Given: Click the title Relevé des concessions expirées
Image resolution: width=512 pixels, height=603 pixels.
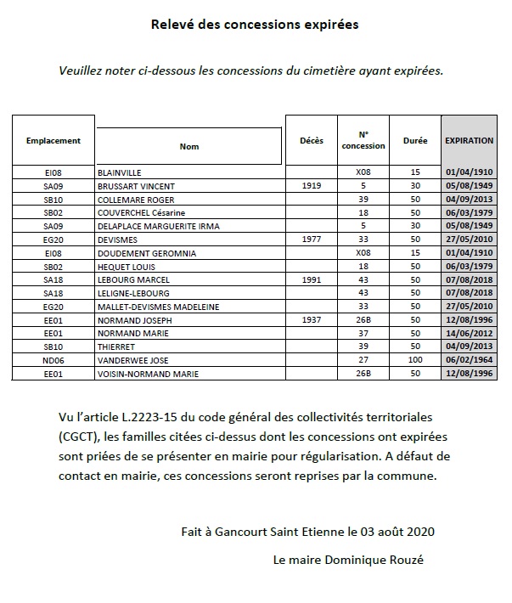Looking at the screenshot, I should [255, 25].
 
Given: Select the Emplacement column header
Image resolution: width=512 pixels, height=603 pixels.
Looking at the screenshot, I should [53, 141].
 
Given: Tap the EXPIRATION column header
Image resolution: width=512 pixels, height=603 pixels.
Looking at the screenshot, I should [469, 141].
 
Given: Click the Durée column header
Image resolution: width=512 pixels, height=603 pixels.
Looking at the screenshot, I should [415, 141].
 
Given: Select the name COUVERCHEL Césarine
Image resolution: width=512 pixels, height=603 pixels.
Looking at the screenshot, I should [142, 212].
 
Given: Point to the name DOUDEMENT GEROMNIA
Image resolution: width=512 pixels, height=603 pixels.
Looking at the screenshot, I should [147, 253].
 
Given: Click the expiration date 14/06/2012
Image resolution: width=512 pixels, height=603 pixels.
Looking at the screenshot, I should [470, 335].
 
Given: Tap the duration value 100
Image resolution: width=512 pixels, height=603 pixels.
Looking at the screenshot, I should [415, 361].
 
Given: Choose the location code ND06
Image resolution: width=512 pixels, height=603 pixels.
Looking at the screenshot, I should [53, 361].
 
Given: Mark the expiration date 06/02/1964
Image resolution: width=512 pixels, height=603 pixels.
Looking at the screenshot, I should [470, 361].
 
